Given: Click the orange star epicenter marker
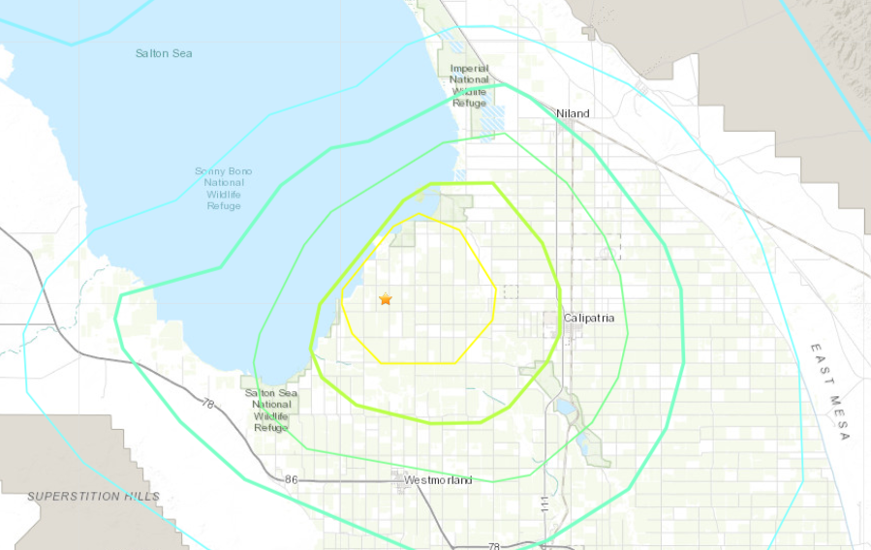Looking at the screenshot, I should click(386, 299).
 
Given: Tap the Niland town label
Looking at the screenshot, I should click(572, 113).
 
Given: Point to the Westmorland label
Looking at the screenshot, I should click(438, 480).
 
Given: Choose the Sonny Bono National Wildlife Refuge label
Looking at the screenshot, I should click(224, 188).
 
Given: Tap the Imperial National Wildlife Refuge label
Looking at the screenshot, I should click(469, 85).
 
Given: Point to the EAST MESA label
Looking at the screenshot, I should click(829, 391).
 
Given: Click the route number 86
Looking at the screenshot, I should click(293, 479).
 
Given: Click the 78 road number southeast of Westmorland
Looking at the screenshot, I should click(494, 546).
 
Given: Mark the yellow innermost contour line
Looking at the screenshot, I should click(495, 290).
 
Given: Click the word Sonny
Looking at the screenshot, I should click(209, 171).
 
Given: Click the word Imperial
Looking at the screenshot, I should click(469, 68).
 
